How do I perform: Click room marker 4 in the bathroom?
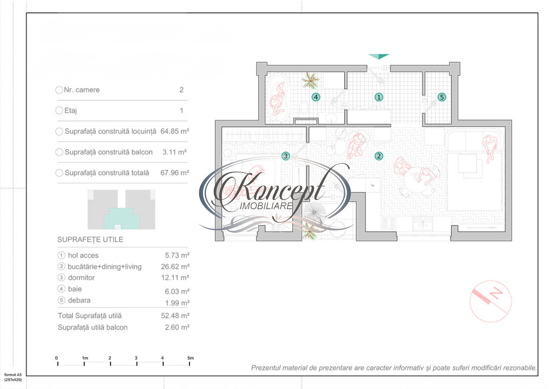pyautogui.click(x=316, y=97)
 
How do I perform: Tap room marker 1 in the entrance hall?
pyautogui.click(x=379, y=97)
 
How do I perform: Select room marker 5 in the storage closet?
pyautogui.click(x=442, y=97)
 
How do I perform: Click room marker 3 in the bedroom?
pyautogui.click(x=286, y=156)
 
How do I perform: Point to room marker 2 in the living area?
pyautogui.click(x=379, y=156)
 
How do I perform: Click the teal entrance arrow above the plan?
pyautogui.click(x=378, y=56)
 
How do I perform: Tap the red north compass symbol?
pyautogui.click(x=490, y=300)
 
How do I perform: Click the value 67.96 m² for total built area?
pyautogui.click(x=175, y=173)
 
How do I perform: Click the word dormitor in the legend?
pyautogui.click(x=81, y=278)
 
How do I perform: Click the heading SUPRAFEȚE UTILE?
pyautogui.click(x=90, y=239)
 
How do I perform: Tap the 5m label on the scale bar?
pyautogui.click(x=190, y=358)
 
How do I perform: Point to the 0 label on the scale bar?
pyautogui.click(x=57, y=358)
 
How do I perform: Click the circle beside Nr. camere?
pyautogui.click(x=60, y=90)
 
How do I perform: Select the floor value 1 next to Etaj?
pyautogui.click(x=181, y=111)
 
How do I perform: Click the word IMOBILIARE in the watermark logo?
pyautogui.click(x=266, y=206)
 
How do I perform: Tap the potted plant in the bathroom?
pyautogui.click(x=311, y=81)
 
